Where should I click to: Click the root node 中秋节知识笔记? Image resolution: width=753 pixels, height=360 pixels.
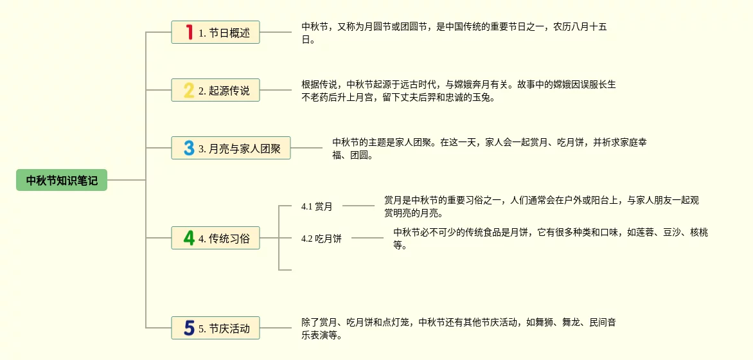[x=62, y=181]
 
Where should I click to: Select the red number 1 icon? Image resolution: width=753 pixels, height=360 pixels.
[x=189, y=32]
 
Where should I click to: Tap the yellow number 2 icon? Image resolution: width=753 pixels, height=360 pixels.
[x=189, y=90]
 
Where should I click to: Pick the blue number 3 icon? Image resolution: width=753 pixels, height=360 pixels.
[x=189, y=148]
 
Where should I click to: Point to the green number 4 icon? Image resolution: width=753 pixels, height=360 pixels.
[x=189, y=238]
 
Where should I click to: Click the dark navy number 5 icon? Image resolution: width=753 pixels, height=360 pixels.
[x=189, y=328]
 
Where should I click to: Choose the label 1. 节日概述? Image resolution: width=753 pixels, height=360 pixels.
[x=224, y=33]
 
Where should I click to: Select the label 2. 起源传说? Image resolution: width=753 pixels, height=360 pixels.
[x=224, y=91]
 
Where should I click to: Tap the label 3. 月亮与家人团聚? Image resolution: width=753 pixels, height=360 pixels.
[x=240, y=148]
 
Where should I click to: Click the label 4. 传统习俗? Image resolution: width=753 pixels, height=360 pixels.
[x=224, y=239]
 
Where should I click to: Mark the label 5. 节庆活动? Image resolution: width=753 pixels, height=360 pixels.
[x=224, y=328]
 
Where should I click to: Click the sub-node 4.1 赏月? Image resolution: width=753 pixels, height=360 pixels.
[x=317, y=206]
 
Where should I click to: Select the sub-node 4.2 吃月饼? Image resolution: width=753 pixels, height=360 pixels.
[x=321, y=239]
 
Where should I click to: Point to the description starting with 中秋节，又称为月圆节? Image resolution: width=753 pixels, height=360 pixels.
[x=454, y=33]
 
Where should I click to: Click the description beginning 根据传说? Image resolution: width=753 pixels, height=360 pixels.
[x=458, y=91]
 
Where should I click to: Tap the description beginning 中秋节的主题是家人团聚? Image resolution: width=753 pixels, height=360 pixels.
[x=489, y=148]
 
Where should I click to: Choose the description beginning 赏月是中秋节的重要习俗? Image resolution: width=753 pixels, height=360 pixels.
[x=541, y=206]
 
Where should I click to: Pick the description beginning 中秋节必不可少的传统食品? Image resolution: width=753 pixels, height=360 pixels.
[x=550, y=239]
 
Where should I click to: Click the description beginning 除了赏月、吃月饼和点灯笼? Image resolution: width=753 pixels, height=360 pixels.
[x=458, y=328]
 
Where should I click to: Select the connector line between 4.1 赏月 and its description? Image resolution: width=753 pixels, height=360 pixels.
[x=359, y=206]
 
